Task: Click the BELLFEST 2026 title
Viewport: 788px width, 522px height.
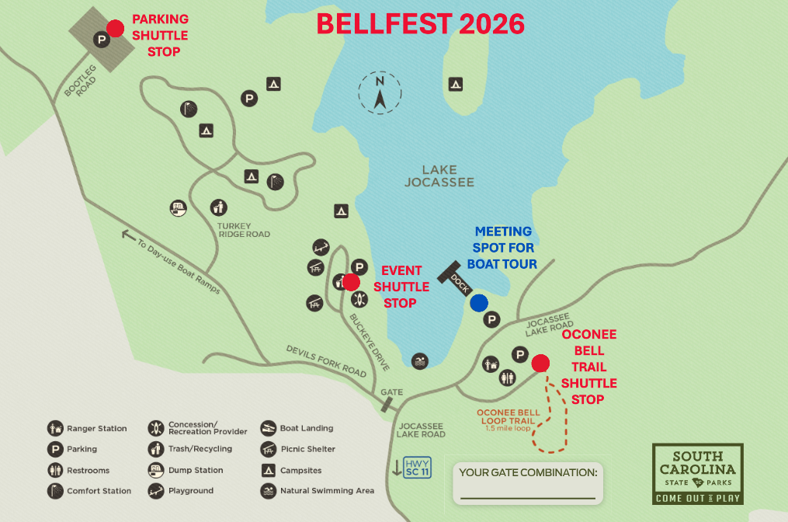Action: pyautogui.click(x=420, y=24)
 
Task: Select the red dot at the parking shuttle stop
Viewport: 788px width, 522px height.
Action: pyautogui.click(x=116, y=28)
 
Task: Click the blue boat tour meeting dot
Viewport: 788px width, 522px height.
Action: pyautogui.click(x=479, y=303)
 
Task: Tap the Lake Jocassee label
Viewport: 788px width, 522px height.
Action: pyautogui.click(x=439, y=176)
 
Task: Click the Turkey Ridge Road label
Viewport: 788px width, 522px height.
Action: pyautogui.click(x=244, y=229)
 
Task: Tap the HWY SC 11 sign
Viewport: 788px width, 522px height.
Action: pyautogui.click(x=417, y=468)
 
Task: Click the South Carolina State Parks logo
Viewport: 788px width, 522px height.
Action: pyautogui.click(x=697, y=473)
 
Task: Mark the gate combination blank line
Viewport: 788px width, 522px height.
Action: pyautogui.click(x=527, y=497)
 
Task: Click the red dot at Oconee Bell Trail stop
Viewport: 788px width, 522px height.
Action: pyautogui.click(x=540, y=362)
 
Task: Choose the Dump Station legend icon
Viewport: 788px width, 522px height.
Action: pyautogui.click(x=155, y=470)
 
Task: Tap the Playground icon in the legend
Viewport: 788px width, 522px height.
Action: pyautogui.click(x=155, y=491)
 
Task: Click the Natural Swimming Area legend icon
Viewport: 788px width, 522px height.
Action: pyautogui.click(x=268, y=491)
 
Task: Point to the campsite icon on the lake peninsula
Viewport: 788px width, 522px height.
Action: pyautogui.click(x=455, y=84)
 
